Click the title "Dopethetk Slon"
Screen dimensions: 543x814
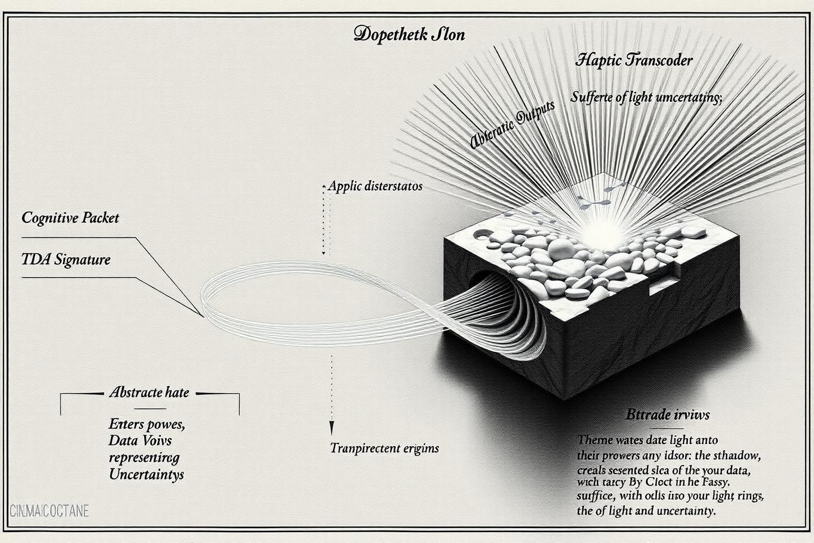point(409,35)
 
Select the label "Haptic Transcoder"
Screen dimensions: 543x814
point(633,60)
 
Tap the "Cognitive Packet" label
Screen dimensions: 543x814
point(70,218)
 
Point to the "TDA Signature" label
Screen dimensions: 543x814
point(66,260)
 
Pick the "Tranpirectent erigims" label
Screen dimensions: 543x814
point(384,449)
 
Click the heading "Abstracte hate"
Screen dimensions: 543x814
point(149,393)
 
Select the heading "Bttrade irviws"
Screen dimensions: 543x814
point(668,415)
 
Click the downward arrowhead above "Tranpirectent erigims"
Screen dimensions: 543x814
point(332,428)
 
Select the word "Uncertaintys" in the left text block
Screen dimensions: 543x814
point(146,474)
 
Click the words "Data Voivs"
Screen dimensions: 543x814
point(140,440)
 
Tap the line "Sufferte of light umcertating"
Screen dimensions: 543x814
point(646,97)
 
